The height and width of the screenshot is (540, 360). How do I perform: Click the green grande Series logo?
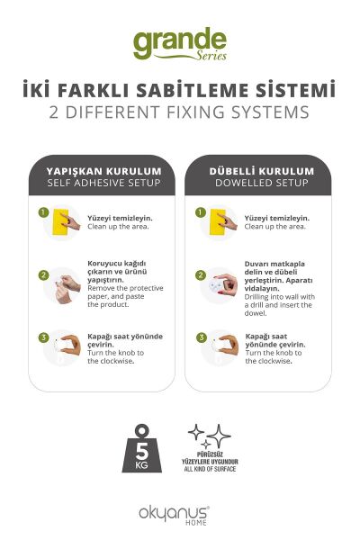click(x=180, y=44)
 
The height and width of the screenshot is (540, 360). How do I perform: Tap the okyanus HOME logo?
click(x=174, y=516)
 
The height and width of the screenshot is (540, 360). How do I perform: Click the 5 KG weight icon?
click(x=141, y=448)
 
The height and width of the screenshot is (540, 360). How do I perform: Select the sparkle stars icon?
click(x=209, y=436)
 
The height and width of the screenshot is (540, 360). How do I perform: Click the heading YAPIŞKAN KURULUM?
click(x=104, y=171)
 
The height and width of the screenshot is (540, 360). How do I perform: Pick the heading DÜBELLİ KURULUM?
click(x=262, y=171)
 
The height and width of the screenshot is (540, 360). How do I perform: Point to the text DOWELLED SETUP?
click(x=262, y=183)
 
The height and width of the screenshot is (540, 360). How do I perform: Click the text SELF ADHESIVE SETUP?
click(x=104, y=183)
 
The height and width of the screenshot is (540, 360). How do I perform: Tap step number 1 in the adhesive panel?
click(x=43, y=212)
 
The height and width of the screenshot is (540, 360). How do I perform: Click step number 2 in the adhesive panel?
click(x=43, y=275)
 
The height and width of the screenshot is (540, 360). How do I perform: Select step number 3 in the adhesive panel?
click(x=43, y=337)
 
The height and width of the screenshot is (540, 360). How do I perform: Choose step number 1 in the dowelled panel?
click(x=200, y=212)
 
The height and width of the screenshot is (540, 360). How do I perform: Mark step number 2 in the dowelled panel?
click(x=200, y=275)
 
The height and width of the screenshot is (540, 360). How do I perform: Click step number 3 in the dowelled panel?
click(x=202, y=337)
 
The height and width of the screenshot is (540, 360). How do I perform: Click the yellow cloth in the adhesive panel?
click(x=60, y=221)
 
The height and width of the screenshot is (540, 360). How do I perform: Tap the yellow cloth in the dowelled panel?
click(x=218, y=221)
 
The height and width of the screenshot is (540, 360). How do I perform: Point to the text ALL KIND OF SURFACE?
click(x=210, y=469)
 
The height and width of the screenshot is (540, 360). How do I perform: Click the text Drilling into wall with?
click(x=280, y=297)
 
